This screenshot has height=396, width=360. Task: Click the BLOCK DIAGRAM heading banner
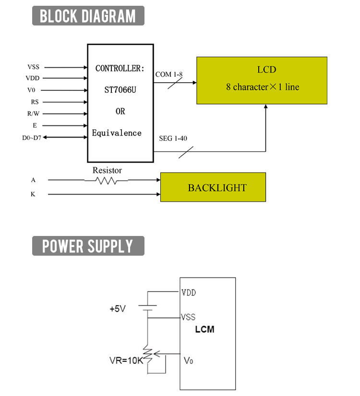pyautogui.click(x=88, y=16)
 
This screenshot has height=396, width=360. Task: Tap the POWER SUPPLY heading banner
pyautogui.click(x=88, y=246)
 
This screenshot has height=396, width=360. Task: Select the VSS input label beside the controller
pyautogui.click(x=34, y=67)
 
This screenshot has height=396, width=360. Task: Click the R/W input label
pyautogui.click(x=34, y=114)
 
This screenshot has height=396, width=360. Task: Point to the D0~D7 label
pyautogui.click(x=32, y=138)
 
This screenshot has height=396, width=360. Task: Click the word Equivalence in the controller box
pyautogui.click(x=117, y=133)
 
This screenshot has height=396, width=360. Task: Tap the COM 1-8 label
pyautogui.click(x=168, y=74)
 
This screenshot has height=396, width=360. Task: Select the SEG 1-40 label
pyautogui.click(x=173, y=138)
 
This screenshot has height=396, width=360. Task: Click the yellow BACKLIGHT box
pyautogui.click(x=213, y=187)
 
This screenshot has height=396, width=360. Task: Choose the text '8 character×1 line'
pyautogui.click(x=263, y=87)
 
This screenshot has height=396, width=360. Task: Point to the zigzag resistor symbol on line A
pyautogui.click(x=106, y=180)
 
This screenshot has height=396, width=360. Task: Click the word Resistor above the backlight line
pyautogui.click(x=107, y=170)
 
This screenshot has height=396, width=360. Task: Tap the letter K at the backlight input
pyautogui.click(x=33, y=195)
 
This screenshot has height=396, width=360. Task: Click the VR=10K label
pyautogui.click(x=125, y=360)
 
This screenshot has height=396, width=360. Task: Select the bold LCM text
pyautogui.click(x=205, y=330)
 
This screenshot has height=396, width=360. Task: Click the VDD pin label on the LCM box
pyautogui.click(x=189, y=292)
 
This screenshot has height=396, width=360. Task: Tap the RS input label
pyautogui.click(x=35, y=102)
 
